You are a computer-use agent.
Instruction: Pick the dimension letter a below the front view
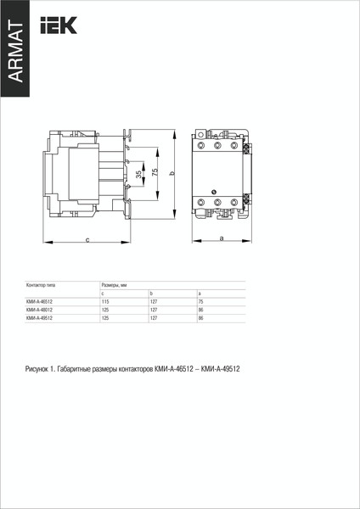(x=221, y=239)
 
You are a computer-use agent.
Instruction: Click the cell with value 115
(x=105, y=302)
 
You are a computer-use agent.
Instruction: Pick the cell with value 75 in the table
(x=200, y=302)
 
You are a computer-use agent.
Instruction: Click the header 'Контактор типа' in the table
(x=42, y=285)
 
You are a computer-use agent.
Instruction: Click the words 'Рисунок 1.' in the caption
(x=40, y=370)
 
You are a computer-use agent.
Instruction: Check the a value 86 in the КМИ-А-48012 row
(x=200, y=310)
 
